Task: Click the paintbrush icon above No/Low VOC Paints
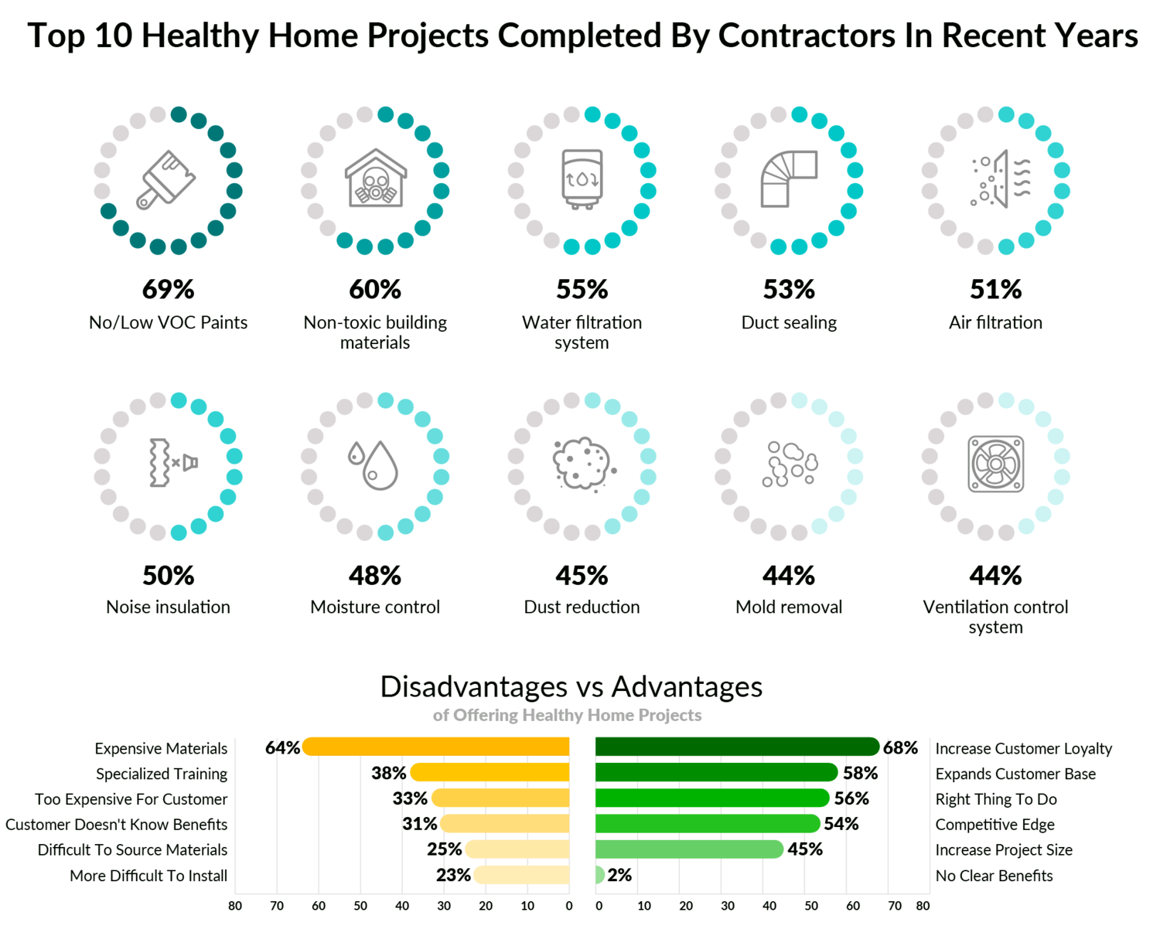coord(165,179)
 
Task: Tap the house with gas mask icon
coord(375,178)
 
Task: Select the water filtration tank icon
coord(582,179)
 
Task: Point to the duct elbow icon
coord(789,179)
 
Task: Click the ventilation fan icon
coord(995,464)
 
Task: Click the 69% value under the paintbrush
coord(169,289)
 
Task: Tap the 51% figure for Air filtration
coord(995,289)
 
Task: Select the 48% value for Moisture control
coord(375,575)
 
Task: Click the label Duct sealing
coord(789,322)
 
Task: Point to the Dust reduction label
coord(582,607)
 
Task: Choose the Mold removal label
coord(789,607)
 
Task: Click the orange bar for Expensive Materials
coord(435,747)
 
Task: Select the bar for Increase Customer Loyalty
coord(738,747)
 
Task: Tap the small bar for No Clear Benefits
coord(599,874)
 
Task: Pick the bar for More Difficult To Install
coord(521,874)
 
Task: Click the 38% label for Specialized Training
coord(388,773)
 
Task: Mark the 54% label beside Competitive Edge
coord(841,823)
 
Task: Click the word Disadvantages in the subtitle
coord(474,687)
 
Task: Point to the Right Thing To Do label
coord(996,799)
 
